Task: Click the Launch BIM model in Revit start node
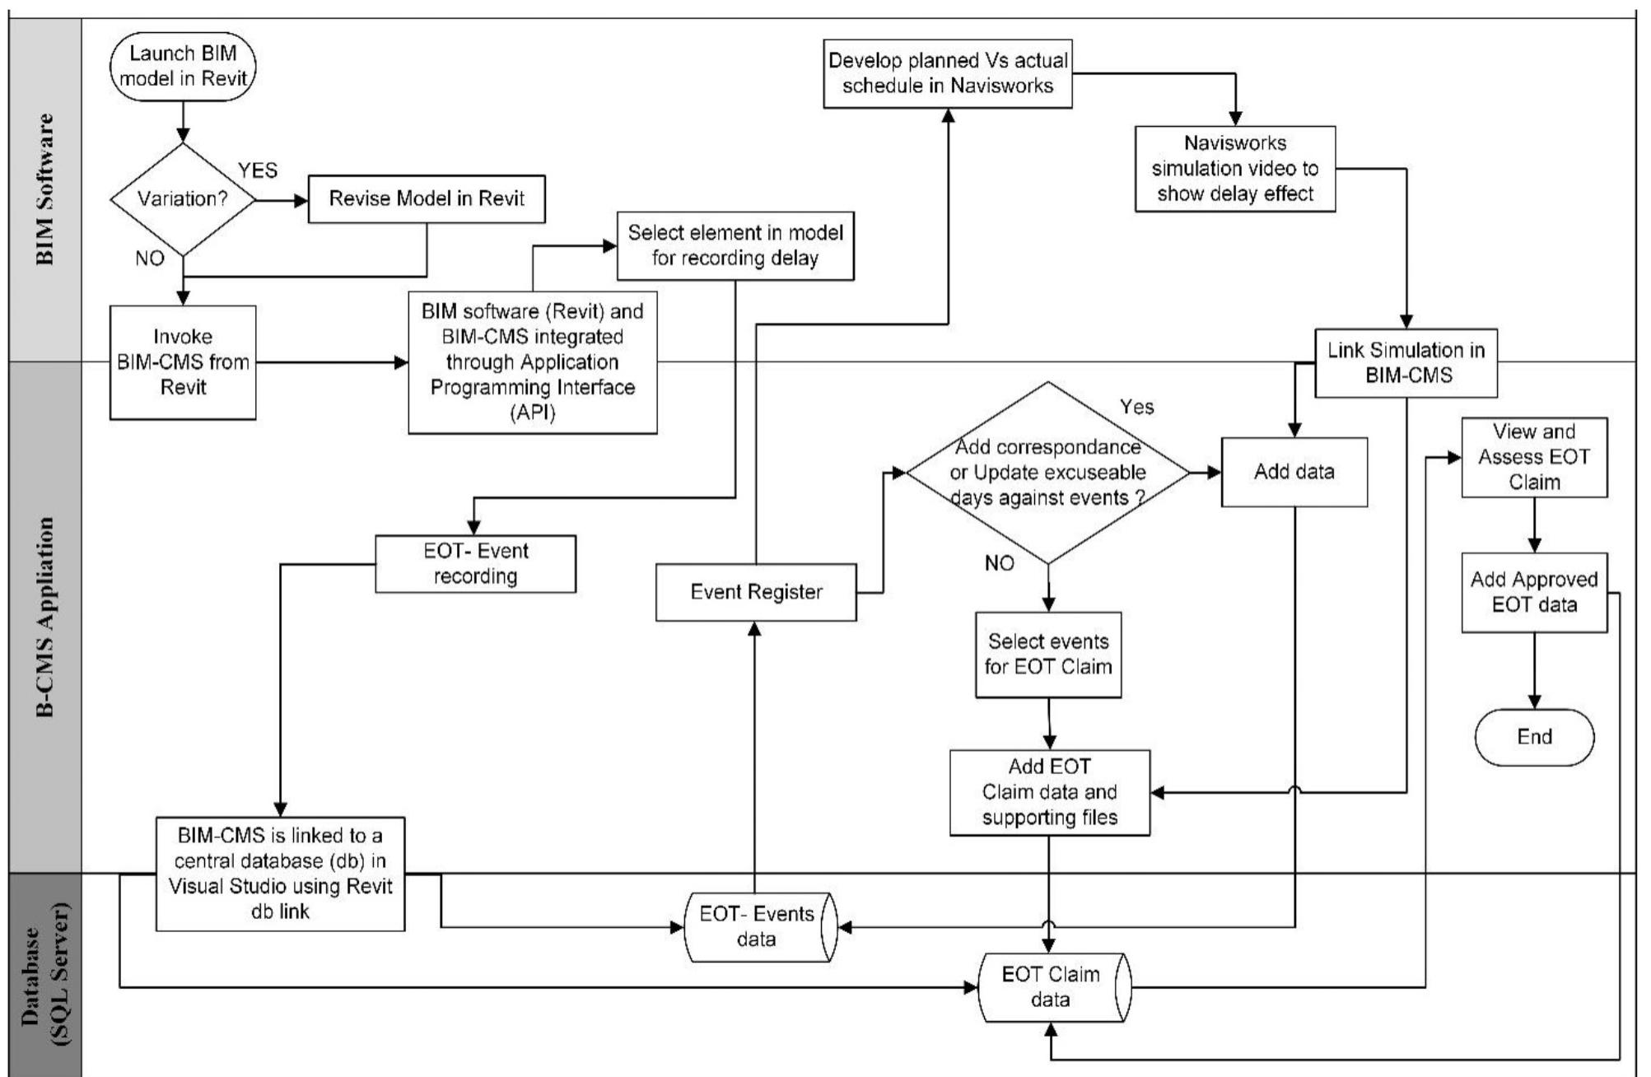click(183, 66)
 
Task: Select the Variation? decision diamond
click(183, 199)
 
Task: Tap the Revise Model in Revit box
click(427, 198)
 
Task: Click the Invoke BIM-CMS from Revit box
click(183, 362)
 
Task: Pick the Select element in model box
click(735, 245)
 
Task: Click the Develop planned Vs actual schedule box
click(948, 73)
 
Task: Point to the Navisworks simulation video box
click(1234, 169)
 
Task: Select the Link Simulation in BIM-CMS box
click(1406, 362)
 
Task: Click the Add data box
click(1294, 472)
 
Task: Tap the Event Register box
click(756, 592)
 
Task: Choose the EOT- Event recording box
click(475, 564)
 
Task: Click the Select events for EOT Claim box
click(1047, 655)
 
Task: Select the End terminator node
click(1533, 737)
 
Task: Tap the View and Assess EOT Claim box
click(1533, 457)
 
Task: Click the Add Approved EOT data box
click(1533, 592)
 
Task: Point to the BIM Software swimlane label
click(45, 189)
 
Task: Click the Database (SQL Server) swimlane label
click(45, 976)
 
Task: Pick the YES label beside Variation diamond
click(258, 170)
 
